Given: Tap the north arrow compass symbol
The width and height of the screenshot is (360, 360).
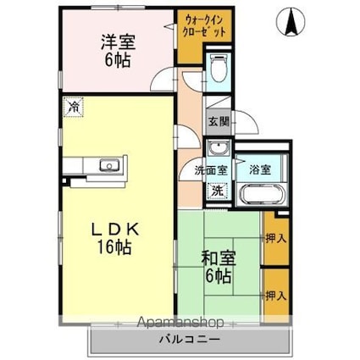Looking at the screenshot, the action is (x=291, y=21).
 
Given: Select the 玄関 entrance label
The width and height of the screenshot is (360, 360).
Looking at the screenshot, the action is (x=219, y=122).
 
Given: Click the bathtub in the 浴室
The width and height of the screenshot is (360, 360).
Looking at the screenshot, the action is (x=262, y=195).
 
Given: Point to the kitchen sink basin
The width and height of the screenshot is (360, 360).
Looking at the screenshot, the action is (x=109, y=165).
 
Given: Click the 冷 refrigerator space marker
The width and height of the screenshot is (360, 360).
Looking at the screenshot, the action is (x=74, y=107).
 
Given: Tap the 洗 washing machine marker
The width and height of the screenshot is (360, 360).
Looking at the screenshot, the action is (x=218, y=191).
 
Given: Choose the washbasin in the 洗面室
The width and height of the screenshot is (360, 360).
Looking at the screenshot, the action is (x=219, y=148).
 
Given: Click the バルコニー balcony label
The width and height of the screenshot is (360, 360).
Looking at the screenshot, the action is (x=190, y=339).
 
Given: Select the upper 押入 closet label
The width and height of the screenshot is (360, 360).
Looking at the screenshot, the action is (x=276, y=239).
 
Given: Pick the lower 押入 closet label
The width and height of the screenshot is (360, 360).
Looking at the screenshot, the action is (x=276, y=296).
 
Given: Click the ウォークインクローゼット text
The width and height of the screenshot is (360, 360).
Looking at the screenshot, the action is (x=204, y=26).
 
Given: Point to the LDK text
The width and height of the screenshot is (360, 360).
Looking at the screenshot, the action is (x=114, y=230).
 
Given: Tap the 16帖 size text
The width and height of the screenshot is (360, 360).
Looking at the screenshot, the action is (x=114, y=247).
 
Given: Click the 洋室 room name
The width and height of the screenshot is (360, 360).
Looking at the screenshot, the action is (x=118, y=42).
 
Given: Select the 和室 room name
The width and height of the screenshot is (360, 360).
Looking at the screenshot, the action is (x=219, y=258).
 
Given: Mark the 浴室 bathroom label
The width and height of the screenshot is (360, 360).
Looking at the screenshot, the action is (x=260, y=169).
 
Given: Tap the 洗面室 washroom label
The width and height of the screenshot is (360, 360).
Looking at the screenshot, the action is (x=211, y=170).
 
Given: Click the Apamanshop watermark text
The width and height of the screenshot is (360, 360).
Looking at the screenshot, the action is (x=180, y=322).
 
